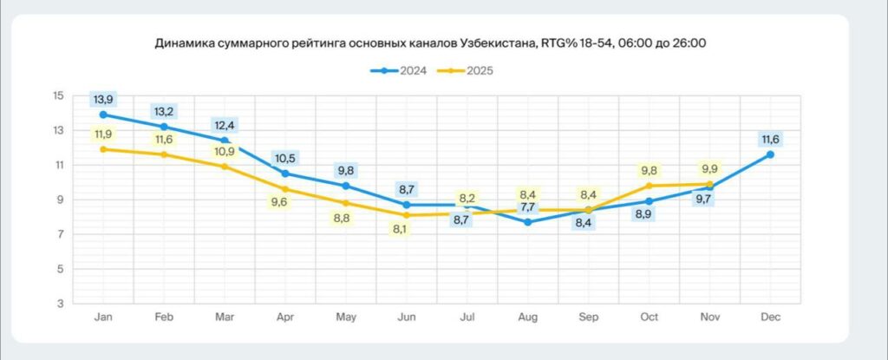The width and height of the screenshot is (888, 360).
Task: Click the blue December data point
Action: pyautogui.click(x=769, y=154)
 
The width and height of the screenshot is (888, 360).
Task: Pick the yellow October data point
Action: pyautogui.click(x=648, y=186)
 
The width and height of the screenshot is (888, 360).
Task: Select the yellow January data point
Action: pyautogui.click(x=104, y=149)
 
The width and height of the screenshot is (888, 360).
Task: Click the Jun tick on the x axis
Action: pyautogui.click(x=407, y=317)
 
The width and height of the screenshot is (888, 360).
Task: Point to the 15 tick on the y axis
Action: pyautogui.click(x=58, y=95)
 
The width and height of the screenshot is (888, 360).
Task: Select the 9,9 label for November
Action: pyautogui.click(x=709, y=169)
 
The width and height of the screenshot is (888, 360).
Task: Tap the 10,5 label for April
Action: pyautogui.click(x=285, y=159)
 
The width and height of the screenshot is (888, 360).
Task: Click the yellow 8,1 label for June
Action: pyautogui.click(x=401, y=230)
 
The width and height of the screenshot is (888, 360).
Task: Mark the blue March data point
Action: pyautogui.click(x=225, y=141)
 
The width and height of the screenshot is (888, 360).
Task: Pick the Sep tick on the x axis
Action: pyautogui.click(x=588, y=317)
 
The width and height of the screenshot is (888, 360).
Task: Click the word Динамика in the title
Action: pyautogui.click(x=184, y=41)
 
